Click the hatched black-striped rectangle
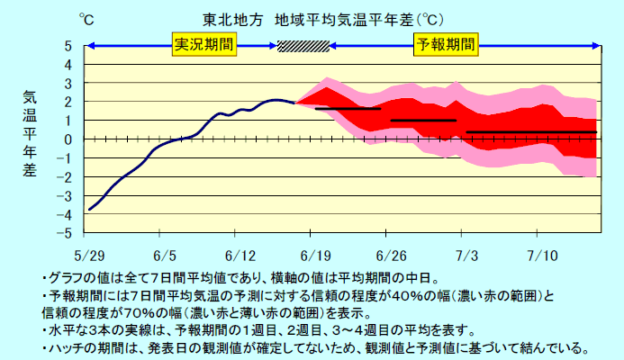[303, 45]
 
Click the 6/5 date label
[165, 255]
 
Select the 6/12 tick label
[240, 255]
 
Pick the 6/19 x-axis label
[316, 255]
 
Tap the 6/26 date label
[391, 255]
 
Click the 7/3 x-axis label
[466, 255]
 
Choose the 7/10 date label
[542, 255]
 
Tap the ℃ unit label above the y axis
[86, 19]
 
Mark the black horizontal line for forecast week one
[348, 109]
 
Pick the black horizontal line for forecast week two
[423, 120]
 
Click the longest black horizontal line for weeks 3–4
[531, 132]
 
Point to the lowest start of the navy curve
[89, 209]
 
